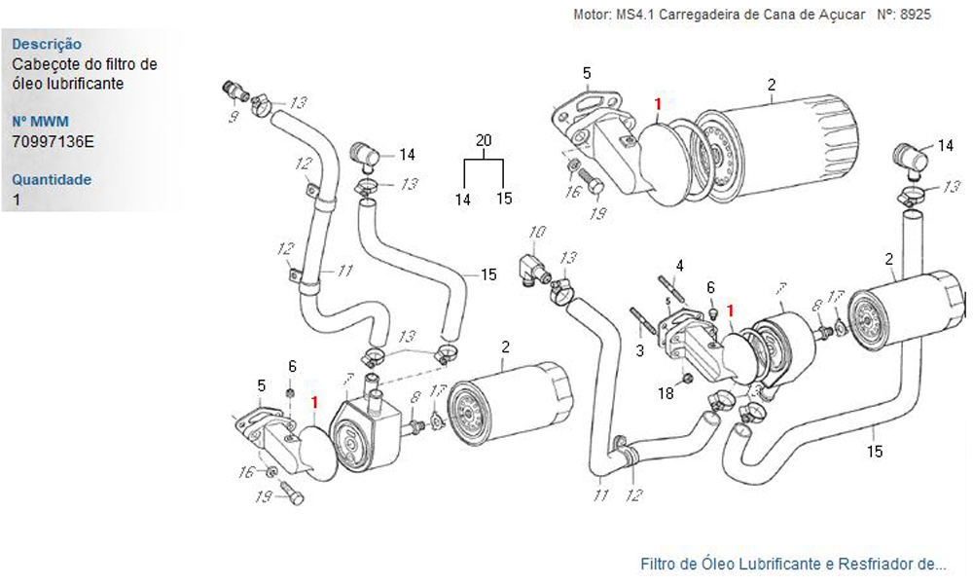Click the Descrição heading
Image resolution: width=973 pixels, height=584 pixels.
point(47,44)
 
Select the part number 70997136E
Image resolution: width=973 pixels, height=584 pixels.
point(54,142)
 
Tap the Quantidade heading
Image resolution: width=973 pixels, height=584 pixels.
point(52,179)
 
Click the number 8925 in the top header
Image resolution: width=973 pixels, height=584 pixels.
point(916,17)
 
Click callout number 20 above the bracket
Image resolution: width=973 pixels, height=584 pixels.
point(484,140)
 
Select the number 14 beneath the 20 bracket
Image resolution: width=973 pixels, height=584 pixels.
point(463,199)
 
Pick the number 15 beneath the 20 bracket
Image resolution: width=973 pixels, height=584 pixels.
point(503,199)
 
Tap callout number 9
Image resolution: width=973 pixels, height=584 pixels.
point(234,118)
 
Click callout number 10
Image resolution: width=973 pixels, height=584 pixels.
point(538,232)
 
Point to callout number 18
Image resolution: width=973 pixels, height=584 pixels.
point(666,393)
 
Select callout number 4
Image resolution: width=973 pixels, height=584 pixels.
point(679,265)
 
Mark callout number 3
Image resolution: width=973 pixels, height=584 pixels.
point(640,349)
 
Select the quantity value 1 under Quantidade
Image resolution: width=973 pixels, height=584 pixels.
point(17,200)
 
